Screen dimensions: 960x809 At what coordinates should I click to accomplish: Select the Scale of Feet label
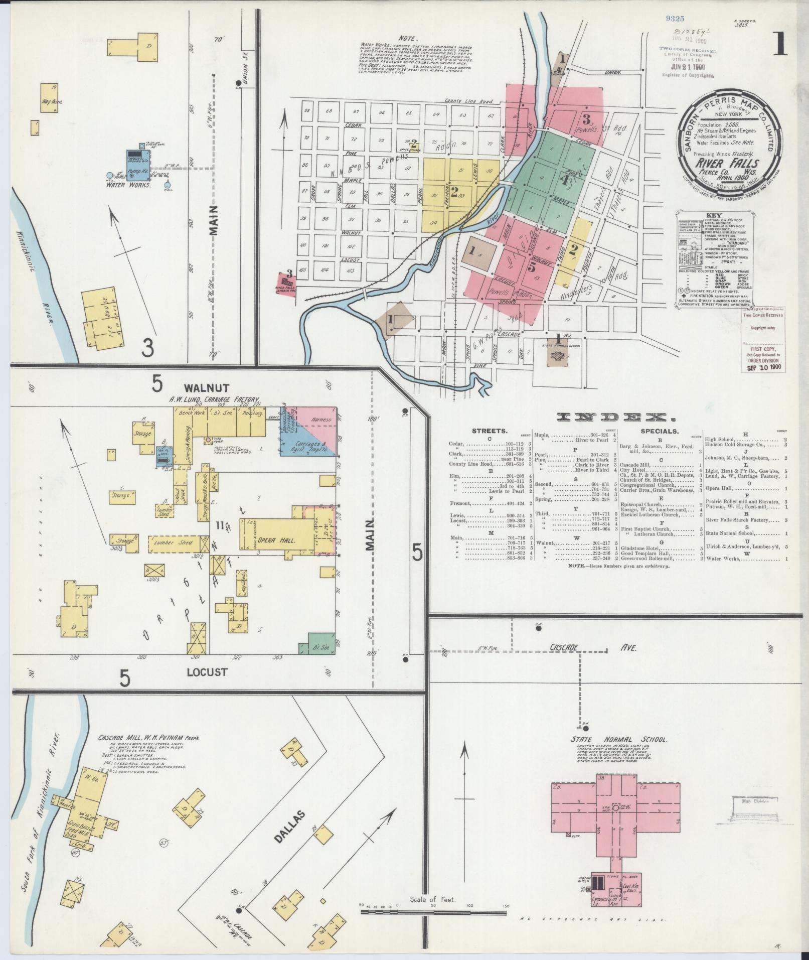tap(432, 900)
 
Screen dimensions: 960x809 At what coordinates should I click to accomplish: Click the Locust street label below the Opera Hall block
tap(207, 671)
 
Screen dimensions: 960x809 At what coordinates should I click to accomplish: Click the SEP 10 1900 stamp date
tap(763, 366)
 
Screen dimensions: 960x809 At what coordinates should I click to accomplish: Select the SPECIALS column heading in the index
tap(660, 431)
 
